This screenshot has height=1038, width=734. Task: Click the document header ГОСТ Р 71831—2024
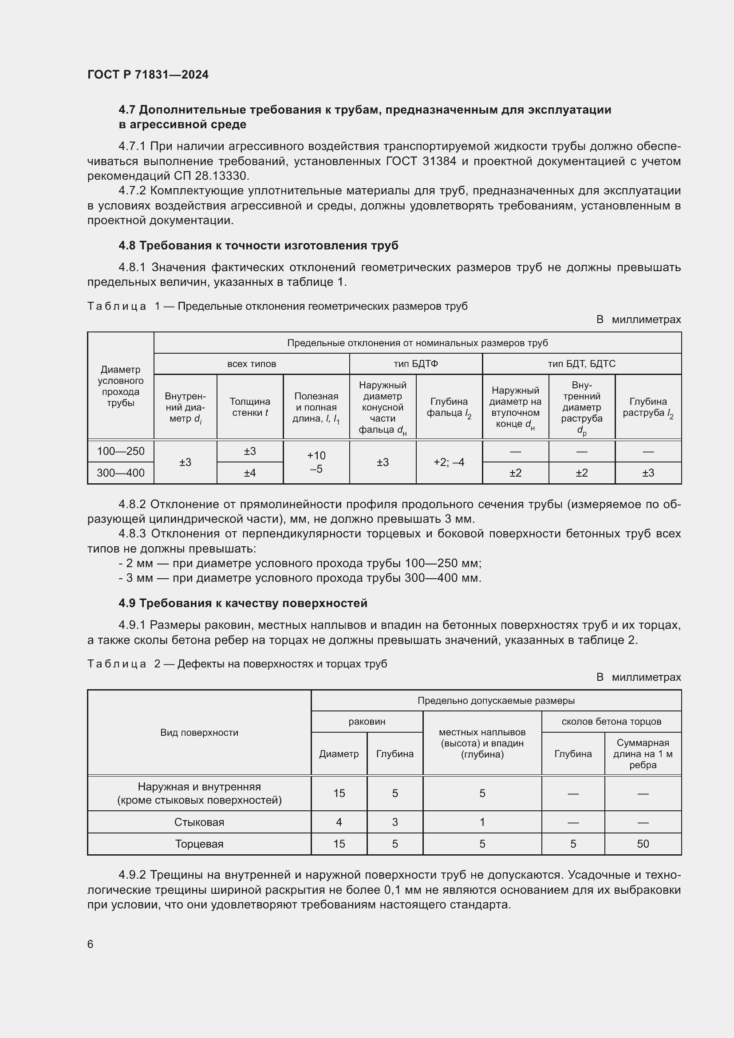click(148, 75)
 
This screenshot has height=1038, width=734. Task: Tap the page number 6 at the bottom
click(91, 944)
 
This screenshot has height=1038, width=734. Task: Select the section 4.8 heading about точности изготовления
click(258, 245)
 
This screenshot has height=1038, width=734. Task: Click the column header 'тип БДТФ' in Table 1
click(415, 364)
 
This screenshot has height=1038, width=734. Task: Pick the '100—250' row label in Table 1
click(121, 451)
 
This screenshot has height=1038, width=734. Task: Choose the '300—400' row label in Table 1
click(121, 473)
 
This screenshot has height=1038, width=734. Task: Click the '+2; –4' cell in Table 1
click(449, 462)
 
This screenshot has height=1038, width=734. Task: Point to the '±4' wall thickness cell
click(250, 473)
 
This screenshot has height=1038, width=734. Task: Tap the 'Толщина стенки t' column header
click(250, 407)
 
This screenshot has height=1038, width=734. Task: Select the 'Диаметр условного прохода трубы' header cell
click(121, 386)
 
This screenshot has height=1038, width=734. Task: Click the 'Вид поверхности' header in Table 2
click(199, 732)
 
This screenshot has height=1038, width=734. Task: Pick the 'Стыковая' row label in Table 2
click(199, 822)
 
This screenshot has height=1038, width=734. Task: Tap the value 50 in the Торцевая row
click(643, 844)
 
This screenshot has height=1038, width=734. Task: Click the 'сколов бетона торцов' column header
click(611, 722)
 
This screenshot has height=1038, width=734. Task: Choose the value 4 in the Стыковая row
click(339, 822)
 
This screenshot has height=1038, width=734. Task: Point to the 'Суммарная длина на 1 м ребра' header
click(643, 754)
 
